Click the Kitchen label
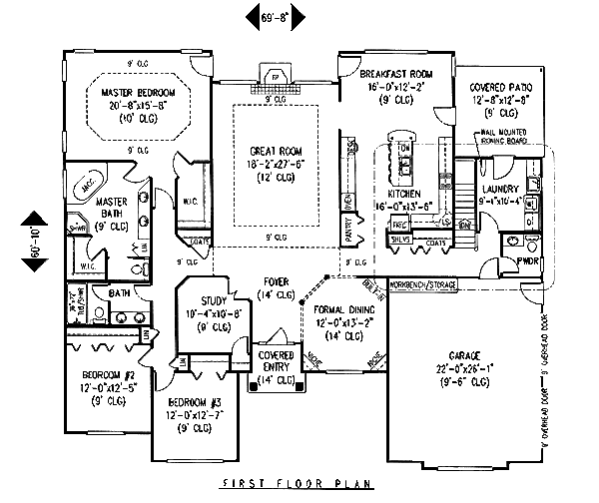tap(404, 193)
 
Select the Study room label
tap(216, 300)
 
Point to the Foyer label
tap(277, 281)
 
